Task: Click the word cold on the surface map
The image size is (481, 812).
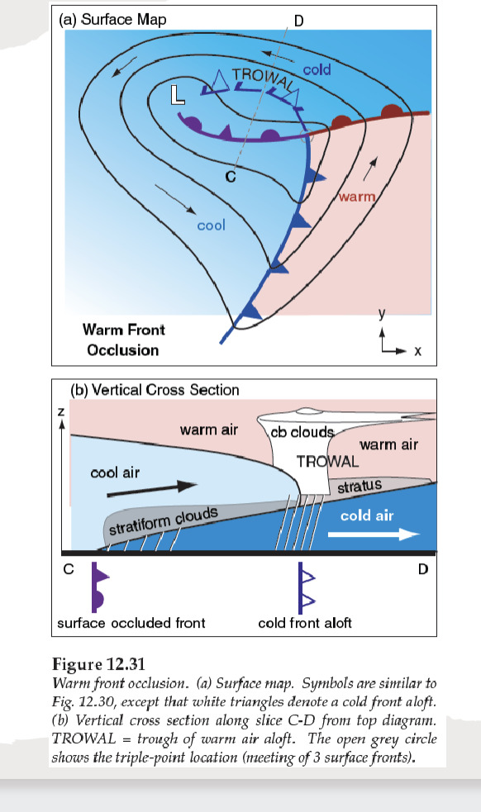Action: coord(317,69)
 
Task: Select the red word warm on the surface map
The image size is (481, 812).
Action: coord(356,197)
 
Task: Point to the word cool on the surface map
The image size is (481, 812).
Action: coord(212,224)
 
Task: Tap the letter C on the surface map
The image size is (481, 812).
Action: coord(231,174)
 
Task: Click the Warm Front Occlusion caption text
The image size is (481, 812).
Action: coord(123,340)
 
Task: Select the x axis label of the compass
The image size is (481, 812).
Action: coord(417,351)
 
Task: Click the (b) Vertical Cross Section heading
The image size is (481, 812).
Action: coord(155,390)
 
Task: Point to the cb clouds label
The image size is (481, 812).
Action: coord(302,432)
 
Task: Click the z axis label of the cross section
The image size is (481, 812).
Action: coord(60,411)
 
